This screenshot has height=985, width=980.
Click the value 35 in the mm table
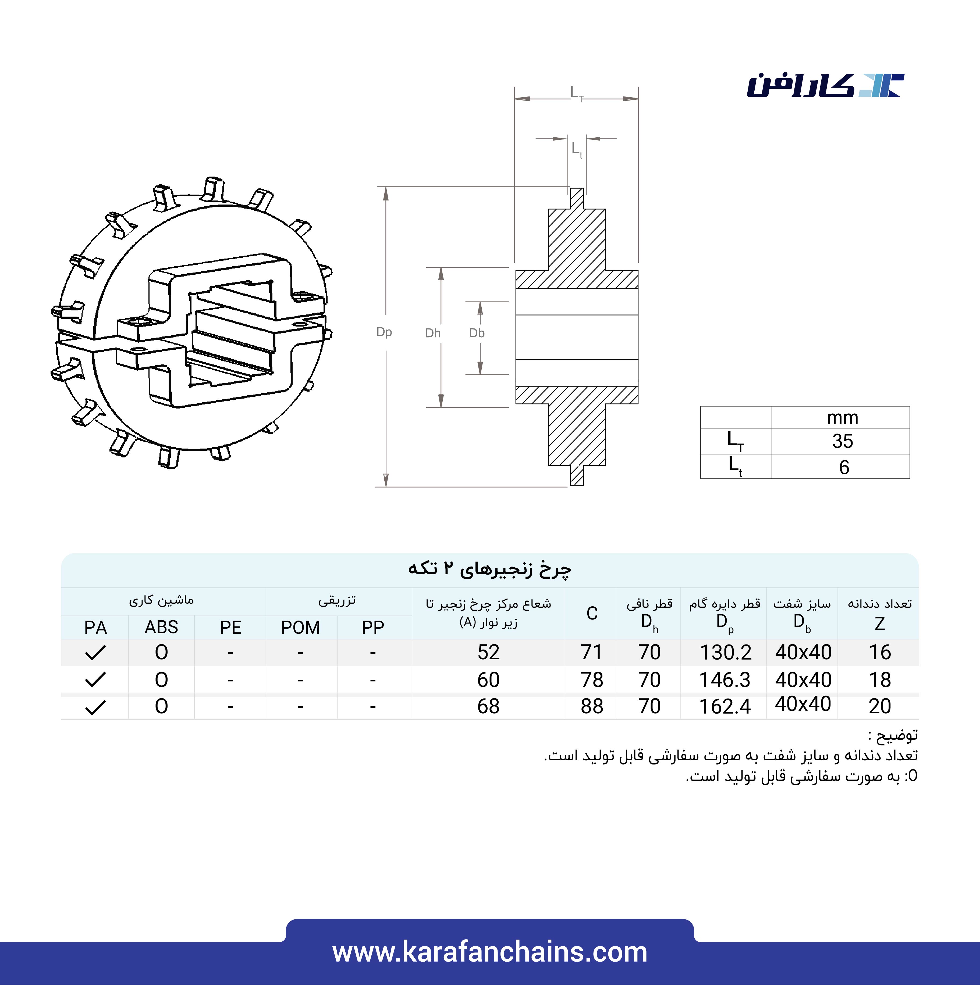coord(842,441)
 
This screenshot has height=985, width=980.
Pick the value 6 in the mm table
coord(844,467)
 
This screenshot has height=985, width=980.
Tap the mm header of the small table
coord(842,418)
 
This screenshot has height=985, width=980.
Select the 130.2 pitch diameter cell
coord(725,652)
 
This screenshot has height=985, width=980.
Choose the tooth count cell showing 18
coord(879,680)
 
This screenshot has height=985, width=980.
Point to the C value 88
coord(591,706)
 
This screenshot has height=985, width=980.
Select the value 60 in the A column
coord(488,680)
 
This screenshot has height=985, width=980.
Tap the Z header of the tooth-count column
coord(879,623)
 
